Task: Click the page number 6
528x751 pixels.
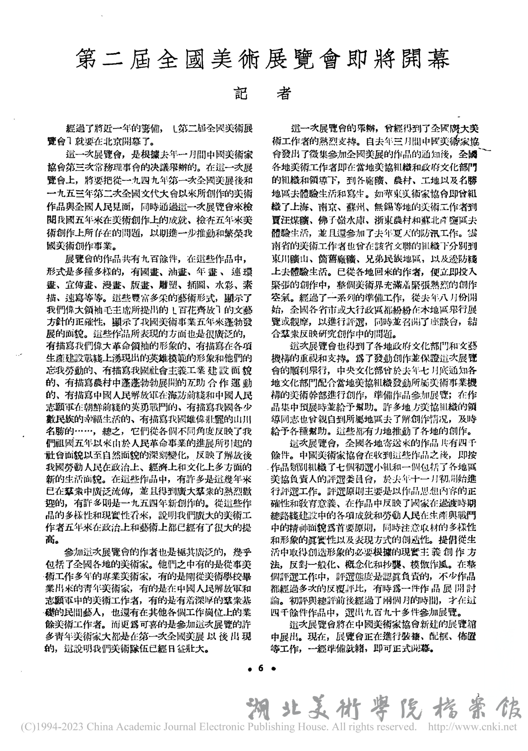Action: click(x=261, y=669)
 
